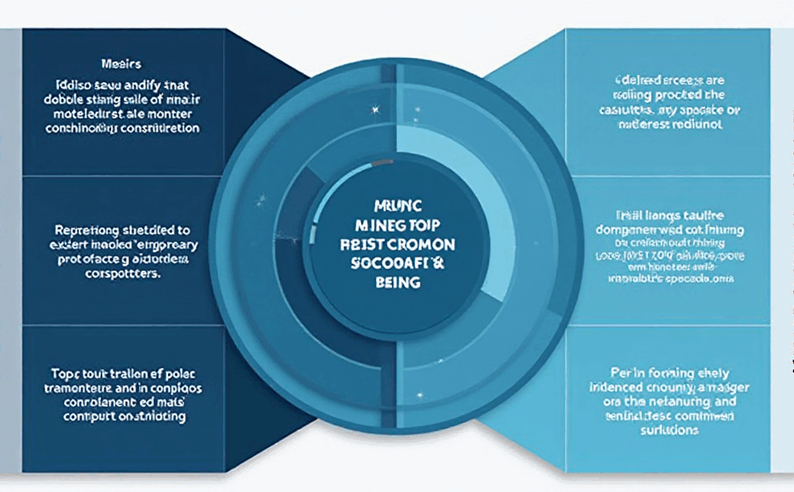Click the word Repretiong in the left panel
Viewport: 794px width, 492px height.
[90, 231]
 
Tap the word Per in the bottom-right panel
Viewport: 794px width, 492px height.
[621, 372]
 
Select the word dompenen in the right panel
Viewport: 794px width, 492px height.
[623, 230]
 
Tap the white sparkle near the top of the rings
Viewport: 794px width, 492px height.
[373, 109]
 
